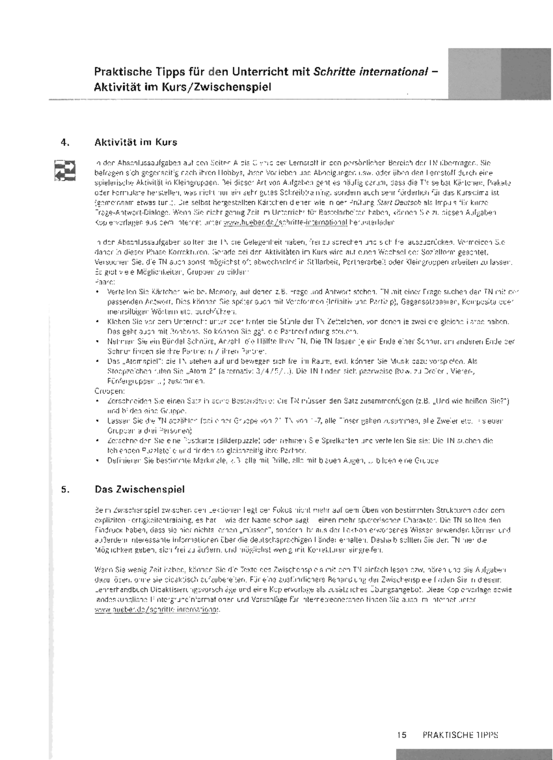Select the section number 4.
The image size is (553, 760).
click(x=65, y=142)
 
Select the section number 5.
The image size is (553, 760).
click(x=65, y=489)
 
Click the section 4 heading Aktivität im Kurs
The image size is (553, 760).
click(x=135, y=142)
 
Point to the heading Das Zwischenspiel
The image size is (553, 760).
click(x=140, y=489)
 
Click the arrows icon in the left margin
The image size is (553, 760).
click(x=65, y=171)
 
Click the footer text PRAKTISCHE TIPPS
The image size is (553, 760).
click(x=460, y=735)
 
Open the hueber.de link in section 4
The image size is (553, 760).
click(x=285, y=222)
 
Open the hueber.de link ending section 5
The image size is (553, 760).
click(x=157, y=610)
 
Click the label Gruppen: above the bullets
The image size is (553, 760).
click(x=107, y=391)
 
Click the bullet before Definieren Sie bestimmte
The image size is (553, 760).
click(x=97, y=460)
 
